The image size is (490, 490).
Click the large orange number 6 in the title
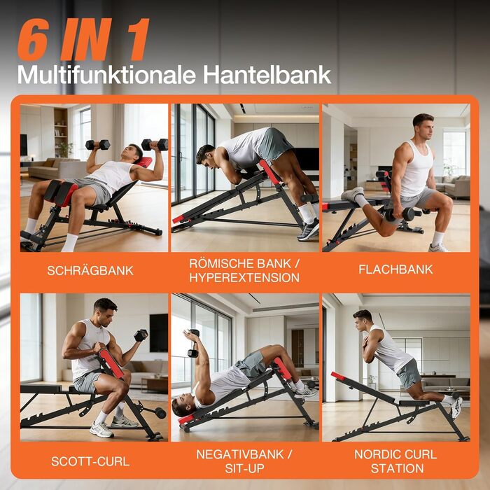click(x=34, y=40)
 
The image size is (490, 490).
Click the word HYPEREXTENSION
click(x=244, y=278)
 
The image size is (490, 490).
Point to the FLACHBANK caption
click(x=395, y=269)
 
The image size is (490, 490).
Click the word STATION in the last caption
click(x=396, y=469)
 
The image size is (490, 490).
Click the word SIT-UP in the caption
click(x=244, y=469)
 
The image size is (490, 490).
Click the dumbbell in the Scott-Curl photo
click(x=141, y=335)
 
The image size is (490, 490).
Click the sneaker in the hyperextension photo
click(x=308, y=230)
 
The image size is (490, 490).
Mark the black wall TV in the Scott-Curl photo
click(x=159, y=332)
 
